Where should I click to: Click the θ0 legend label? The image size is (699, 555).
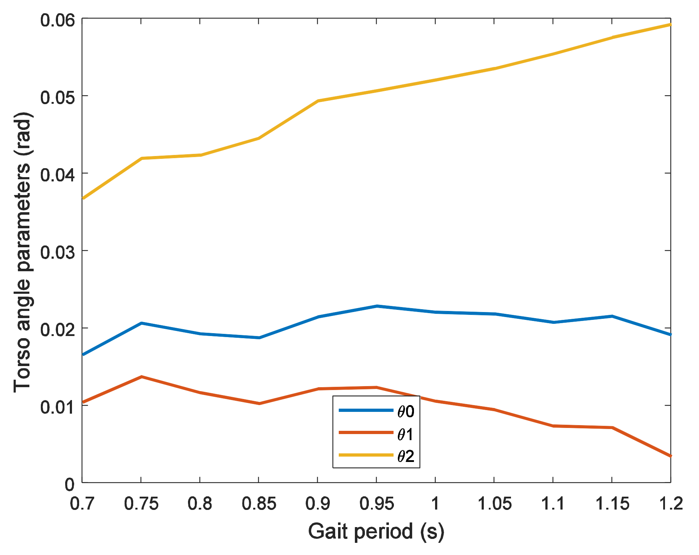(x=406, y=412)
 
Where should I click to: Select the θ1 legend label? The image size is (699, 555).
(x=406, y=434)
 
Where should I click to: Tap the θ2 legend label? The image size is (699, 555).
(x=406, y=456)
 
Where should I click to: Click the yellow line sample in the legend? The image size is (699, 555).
(x=366, y=455)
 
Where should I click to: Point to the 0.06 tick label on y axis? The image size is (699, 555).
(x=57, y=20)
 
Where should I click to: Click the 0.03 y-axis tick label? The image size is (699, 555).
(x=57, y=252)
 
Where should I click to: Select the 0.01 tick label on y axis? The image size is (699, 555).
(x=57, y=407)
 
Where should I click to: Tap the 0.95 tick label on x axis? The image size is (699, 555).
(x=377, y=504)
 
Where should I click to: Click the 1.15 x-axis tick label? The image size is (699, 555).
(x=612, y=504)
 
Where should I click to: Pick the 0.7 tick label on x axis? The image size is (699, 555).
(x=82, y=504)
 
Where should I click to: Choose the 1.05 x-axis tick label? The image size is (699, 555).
(x=495, y=504)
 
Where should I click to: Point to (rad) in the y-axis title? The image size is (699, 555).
(x=22, y=134)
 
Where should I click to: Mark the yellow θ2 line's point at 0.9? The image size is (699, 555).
(x=318, y=101)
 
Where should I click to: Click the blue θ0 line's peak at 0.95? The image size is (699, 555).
(x=377, y=306)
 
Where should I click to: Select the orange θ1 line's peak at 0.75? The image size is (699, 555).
(x=141, y=377)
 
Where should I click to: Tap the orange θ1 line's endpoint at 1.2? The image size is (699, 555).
(x=670, y=456)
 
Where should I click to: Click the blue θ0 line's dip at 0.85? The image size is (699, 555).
(x=259, y=337)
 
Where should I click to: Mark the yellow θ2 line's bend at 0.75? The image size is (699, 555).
(x=142, y=158)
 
